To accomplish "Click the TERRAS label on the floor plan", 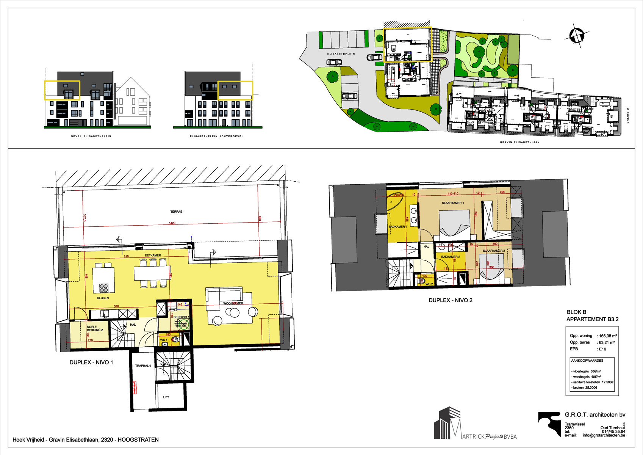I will pos(176,212).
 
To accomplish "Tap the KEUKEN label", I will pos(103,298).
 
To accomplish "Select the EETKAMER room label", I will pos(153,256).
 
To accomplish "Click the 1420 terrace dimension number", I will pos(172,223).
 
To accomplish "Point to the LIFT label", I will pos(166,397).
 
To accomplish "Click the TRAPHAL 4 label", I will pos(143,366).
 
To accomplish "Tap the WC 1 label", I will pos(164,340).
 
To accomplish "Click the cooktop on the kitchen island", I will pos(104,288).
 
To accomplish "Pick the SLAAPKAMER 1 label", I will pos(452,203).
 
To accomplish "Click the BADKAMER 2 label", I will pos(450,257).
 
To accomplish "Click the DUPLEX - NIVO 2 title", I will pos(450,300).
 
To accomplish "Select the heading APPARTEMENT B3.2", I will pos(592,319).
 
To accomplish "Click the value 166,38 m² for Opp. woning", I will pos(608,336).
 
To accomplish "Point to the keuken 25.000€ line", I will pos(585,388).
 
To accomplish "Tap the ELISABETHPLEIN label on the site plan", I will pos(341,54).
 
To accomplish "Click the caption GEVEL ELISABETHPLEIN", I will pos(91,136).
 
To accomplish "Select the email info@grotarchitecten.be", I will pos(604,435).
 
